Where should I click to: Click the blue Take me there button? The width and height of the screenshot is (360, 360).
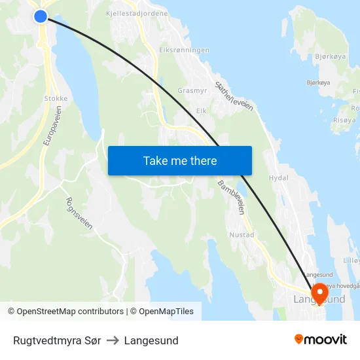[180, 160]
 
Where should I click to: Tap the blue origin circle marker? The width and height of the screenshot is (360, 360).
[41, 16]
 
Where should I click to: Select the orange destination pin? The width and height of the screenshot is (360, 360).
[320, 292]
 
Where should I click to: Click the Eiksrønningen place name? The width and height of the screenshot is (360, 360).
[184, 50]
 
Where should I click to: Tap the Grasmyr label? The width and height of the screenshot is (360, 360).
[192, 91]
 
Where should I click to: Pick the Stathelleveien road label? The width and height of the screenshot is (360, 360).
[234, 96]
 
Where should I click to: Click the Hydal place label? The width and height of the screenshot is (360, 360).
[278, 177]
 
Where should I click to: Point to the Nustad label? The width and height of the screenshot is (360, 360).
[242, 234]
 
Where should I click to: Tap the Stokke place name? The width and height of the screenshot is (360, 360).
[56, 99]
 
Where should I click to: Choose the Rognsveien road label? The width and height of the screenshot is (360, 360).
[79, 213]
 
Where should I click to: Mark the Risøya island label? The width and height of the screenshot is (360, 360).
[344, 120]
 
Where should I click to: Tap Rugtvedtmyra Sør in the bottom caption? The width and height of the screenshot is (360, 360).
[57, 340]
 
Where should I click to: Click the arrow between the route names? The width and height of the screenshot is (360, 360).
[113, 340]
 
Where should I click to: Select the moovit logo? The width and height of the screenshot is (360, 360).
[321, 339]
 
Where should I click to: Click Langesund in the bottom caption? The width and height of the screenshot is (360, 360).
[151, 340]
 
